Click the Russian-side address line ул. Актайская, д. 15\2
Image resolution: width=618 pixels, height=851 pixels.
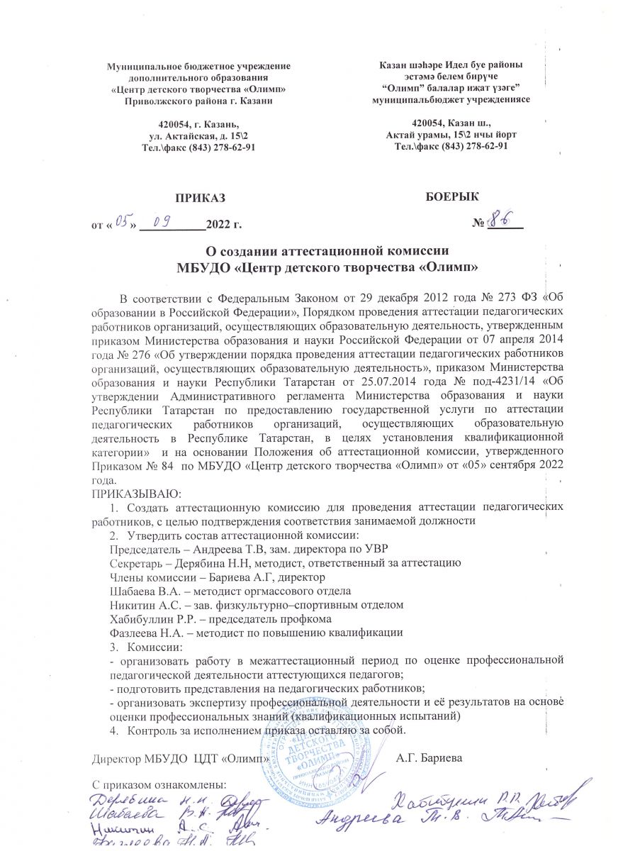(198, 135)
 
